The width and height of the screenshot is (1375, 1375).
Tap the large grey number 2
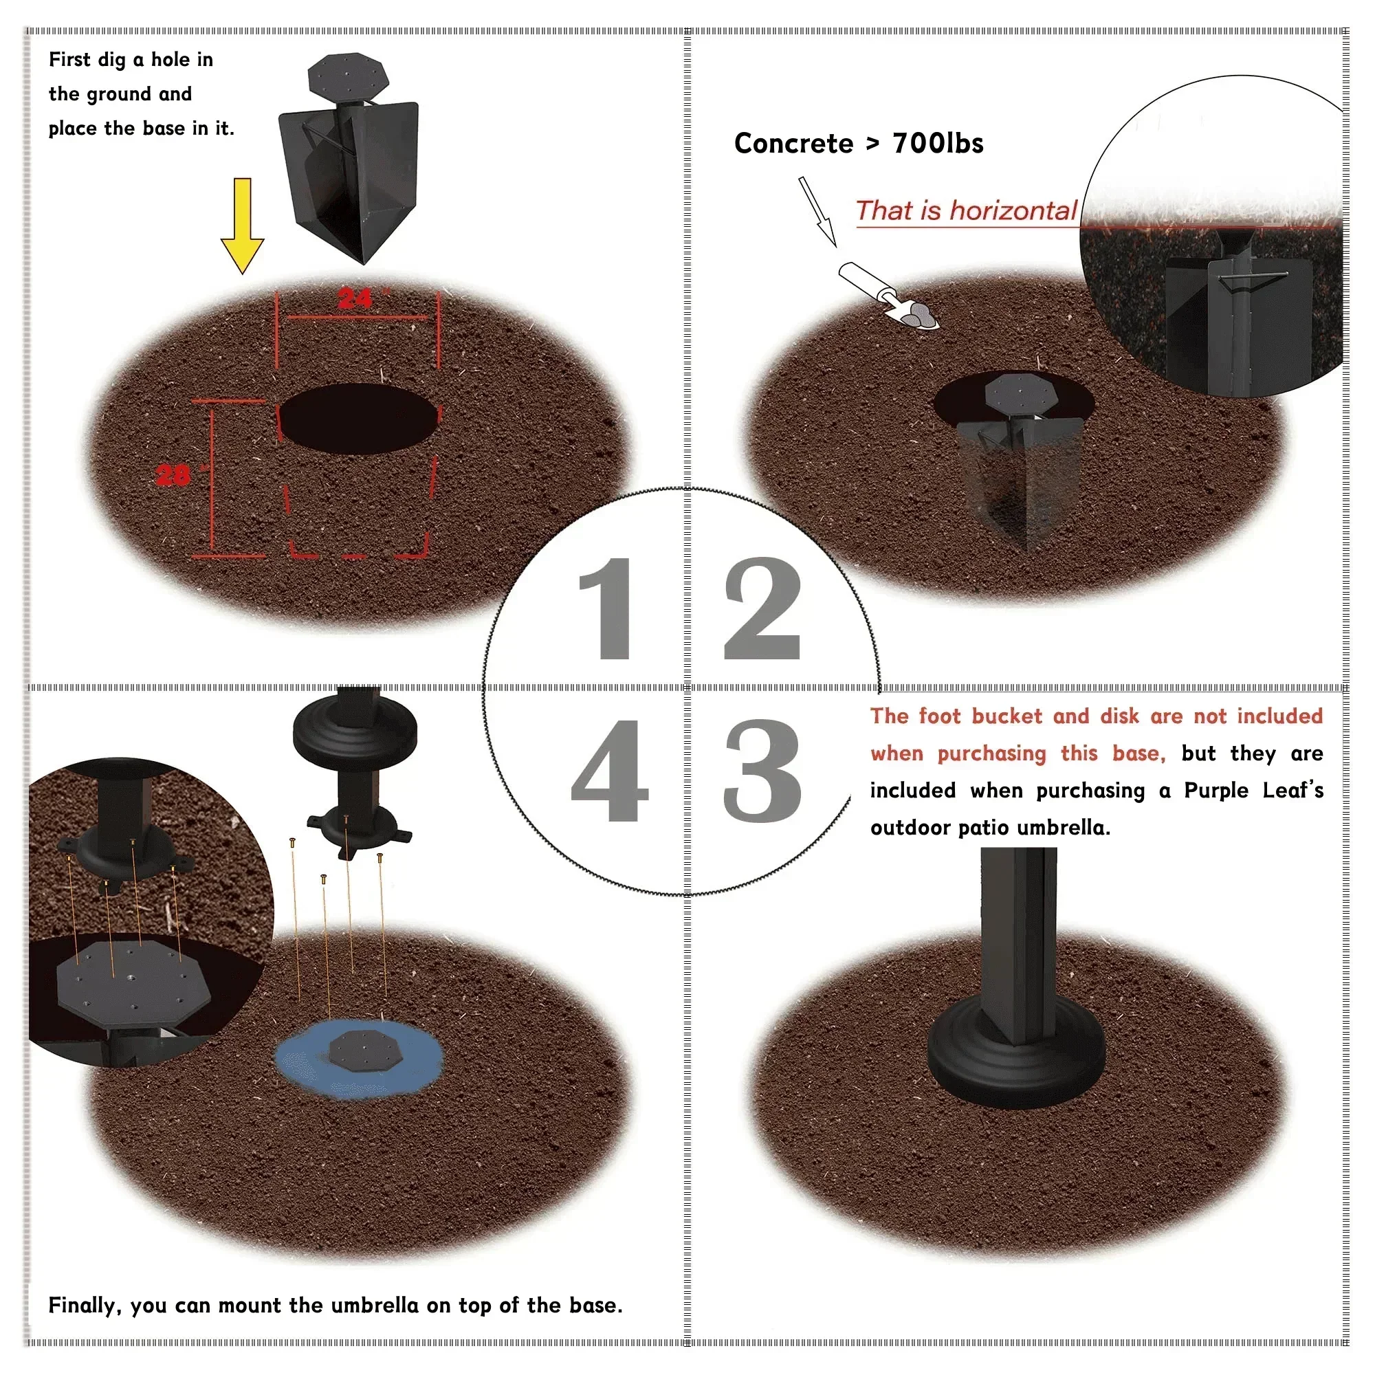point(762,608)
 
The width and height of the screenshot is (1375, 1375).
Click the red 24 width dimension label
point(355,299)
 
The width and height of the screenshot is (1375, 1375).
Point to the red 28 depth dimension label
point(173,474)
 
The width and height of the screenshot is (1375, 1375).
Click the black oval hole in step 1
point(358,418)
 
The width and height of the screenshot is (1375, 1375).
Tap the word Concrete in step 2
point(793,144)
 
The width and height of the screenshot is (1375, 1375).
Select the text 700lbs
point(937,144)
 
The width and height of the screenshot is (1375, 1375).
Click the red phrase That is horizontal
point(966,210)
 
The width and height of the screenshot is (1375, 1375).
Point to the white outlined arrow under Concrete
point(816,211)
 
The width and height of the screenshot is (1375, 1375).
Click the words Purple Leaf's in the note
point(1253,791)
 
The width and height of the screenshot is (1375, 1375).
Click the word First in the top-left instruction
point(69,60)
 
